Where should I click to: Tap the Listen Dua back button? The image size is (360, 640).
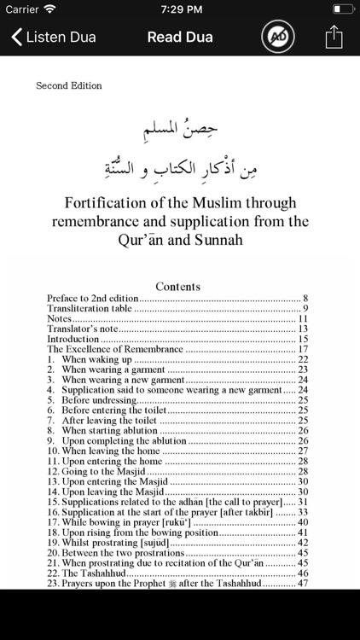(x=53, y=37)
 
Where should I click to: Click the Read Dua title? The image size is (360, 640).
(x=180, y=37)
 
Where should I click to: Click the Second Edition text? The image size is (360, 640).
(x=68, y=85)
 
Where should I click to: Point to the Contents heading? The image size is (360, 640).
(x=178, y=287)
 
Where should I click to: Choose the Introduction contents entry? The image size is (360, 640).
(x=73, y=339)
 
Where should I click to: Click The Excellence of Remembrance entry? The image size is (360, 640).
(x=114, y=349)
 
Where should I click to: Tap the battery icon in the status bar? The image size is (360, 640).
(x=341, y=9)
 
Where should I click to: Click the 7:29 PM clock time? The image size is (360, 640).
(x=179, y=9)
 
